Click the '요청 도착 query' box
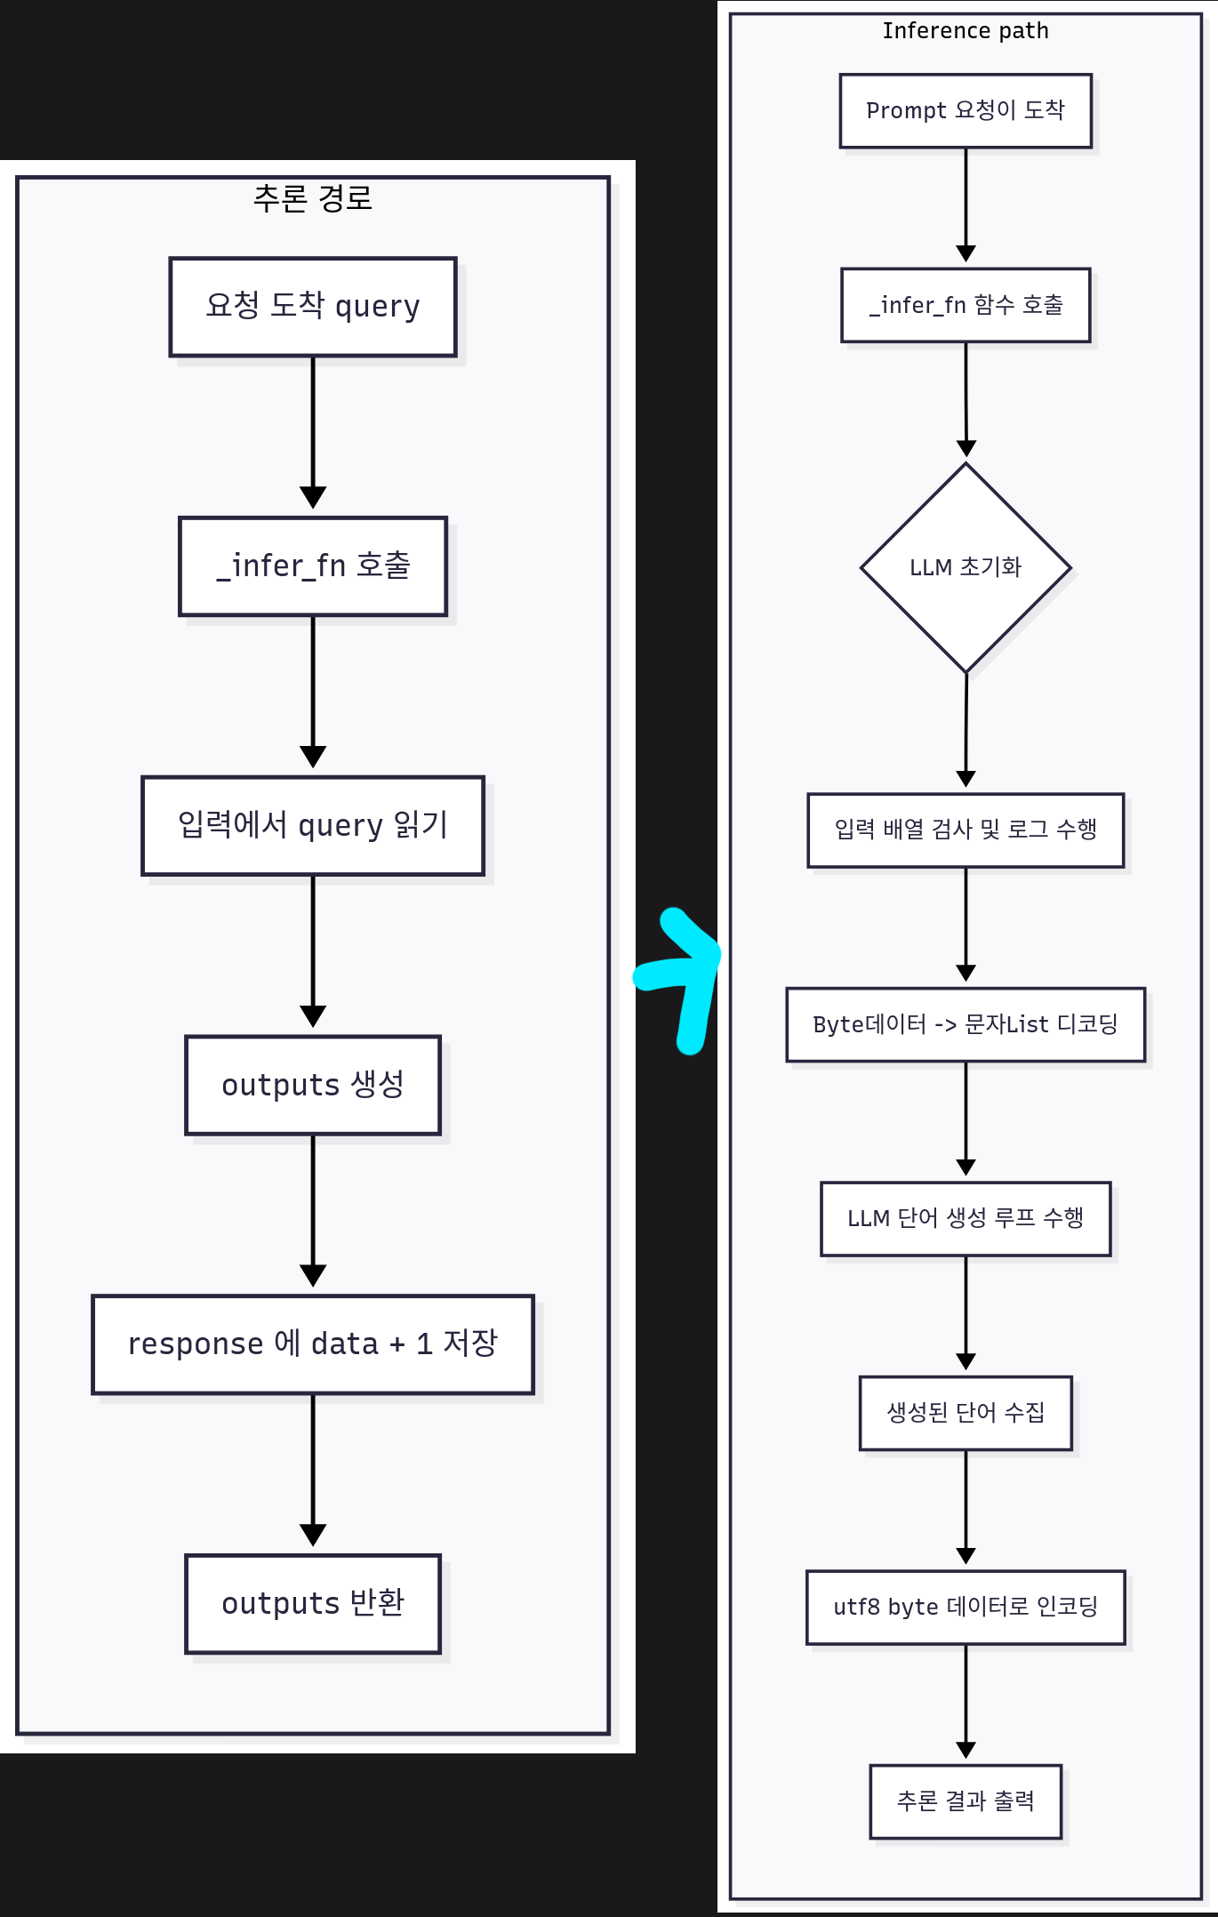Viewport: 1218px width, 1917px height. click(313, 307)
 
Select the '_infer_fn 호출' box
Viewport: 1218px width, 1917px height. click(313, 566)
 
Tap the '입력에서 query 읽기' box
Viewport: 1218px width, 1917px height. click(313, 826)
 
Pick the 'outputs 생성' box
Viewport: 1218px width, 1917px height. click(313, 1085)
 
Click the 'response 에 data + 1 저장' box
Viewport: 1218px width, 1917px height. click(313, 1344)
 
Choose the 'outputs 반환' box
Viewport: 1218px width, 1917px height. click(313, 1603)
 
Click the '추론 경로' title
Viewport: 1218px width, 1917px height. click(313, 198)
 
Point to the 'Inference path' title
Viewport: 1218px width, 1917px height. click(966, 31)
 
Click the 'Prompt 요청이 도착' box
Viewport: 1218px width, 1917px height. click(966, 110)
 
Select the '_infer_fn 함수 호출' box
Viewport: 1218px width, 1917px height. click(966, 305)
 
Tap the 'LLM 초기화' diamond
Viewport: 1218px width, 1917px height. click(966, 567)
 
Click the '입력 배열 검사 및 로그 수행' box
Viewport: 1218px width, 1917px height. click(966, 830)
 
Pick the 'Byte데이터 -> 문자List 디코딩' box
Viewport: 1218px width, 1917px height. click(966, 1024)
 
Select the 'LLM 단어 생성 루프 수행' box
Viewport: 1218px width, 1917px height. click(966, 1218)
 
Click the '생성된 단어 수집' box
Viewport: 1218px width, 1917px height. click(966, 1413)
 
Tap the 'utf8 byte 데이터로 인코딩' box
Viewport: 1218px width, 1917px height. click(966, 1608)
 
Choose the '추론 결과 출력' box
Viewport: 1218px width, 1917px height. click(966, 1801)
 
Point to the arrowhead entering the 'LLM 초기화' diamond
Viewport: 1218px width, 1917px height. click(966, 449)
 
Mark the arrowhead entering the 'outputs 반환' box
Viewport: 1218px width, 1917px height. click(313, 1535)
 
